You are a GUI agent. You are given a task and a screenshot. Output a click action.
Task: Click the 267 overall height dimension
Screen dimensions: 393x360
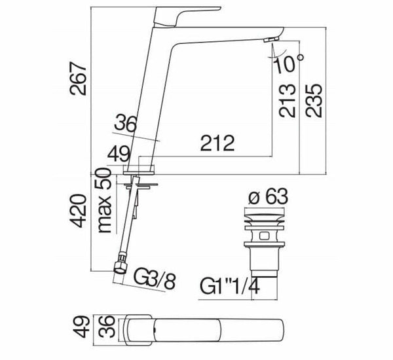(78, 79)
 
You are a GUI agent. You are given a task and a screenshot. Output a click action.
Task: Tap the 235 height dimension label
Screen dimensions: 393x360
(314, 100)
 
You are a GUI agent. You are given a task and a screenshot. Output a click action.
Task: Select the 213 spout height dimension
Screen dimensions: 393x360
(288, 101)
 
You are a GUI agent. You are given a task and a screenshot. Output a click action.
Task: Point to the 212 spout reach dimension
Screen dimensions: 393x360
(217, 143)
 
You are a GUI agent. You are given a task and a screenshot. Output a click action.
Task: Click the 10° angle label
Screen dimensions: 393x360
(289, 63)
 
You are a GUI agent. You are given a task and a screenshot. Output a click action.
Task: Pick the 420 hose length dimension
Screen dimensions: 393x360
(78, 211)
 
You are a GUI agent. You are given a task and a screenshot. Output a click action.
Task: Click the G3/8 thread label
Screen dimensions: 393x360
(154, 278)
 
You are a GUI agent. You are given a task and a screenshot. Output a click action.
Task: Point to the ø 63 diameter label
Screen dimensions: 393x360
(268, 196)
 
